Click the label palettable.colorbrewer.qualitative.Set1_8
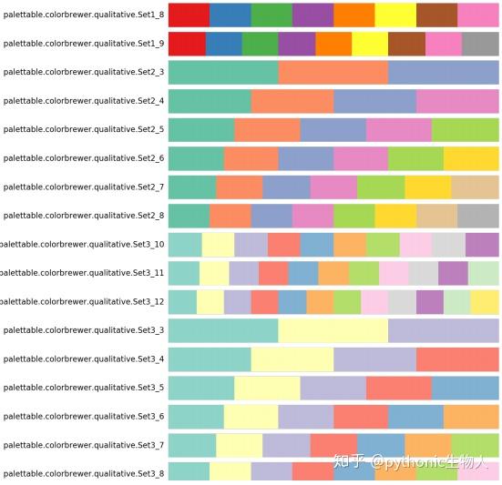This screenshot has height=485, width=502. tap(84, 15)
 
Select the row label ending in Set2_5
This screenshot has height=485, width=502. tap(84, 129)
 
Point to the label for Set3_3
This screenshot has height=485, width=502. tap(84, 330)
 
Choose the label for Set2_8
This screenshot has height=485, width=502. tap(84, 216)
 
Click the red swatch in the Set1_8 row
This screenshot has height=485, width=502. tap(189, 15)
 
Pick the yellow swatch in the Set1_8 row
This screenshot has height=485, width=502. tap(395, 15)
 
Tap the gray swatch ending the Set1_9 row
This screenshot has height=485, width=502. tap(480, 44)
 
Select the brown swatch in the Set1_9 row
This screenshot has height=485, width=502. tap(406, 44)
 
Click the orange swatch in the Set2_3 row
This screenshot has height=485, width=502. tap(333, 72)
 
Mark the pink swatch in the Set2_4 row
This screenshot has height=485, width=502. tap(457, 101)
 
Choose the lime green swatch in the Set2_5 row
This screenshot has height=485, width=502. tap(466, 129)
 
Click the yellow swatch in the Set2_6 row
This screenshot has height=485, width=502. tap(471, 158)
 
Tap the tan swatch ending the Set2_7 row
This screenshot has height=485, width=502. tap(475, 187)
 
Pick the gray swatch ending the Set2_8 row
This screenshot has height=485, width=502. tap(477, 216)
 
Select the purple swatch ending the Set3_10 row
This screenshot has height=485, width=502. tap(482, 244)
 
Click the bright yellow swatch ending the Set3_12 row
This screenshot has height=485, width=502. tap(485, 301)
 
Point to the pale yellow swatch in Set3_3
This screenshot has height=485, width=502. tap(333, 330)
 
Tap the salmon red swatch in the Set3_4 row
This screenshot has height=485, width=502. tap(457, 359)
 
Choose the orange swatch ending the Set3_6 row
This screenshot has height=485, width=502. tap(471, 416)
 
